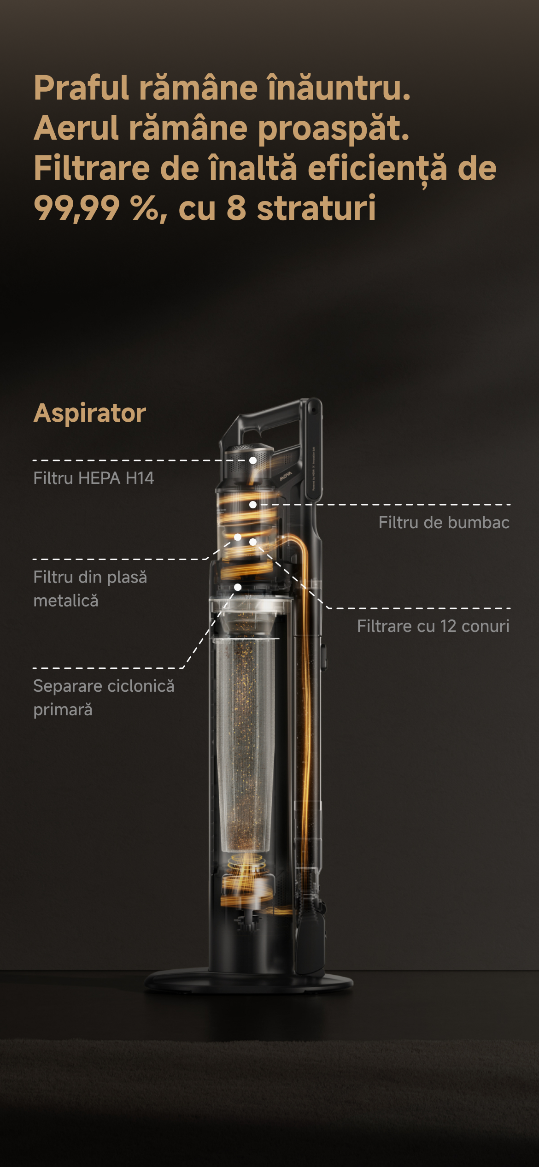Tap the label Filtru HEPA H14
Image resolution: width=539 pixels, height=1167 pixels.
pyautogui.click(x=94, y=478)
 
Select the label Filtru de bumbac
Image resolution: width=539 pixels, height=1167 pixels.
pyautogui.click(x=444, y=522)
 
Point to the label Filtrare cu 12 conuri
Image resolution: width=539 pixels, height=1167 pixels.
pyautogui.click(x=433, y=626)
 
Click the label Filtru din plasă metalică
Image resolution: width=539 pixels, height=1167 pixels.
pyautogui.click(x=90, y=589)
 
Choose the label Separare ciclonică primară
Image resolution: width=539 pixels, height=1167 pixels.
pyautogui.click(x=104, y=698)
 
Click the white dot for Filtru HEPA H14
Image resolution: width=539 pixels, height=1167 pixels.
pyautogui.click(x=253, y=460)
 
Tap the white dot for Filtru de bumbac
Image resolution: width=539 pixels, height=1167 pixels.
pyautogui.click(x=253, y=505)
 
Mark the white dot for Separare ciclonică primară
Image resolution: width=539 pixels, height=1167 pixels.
pyautogui.click(x=238, y=587)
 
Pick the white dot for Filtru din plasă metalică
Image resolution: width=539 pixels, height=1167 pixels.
pyautogui.click(x=238, y=537)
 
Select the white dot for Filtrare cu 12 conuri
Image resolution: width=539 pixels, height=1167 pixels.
pyautogui.click(x=253, y=542)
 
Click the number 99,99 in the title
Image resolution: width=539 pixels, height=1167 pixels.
pyautogui.click(x=76, y=208)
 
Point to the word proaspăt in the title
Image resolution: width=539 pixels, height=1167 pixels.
pyautogui.click(x=334, y=129)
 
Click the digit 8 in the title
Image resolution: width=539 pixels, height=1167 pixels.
pyautogui.click(x=236, y=208)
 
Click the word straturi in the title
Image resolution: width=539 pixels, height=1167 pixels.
pyautogui.click(x=316, y=208)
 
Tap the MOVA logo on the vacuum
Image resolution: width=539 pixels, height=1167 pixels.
pyautogui.click(x=286, y=476)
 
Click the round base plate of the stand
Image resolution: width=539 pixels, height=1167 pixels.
pyautogui.click(x=249, y=982)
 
